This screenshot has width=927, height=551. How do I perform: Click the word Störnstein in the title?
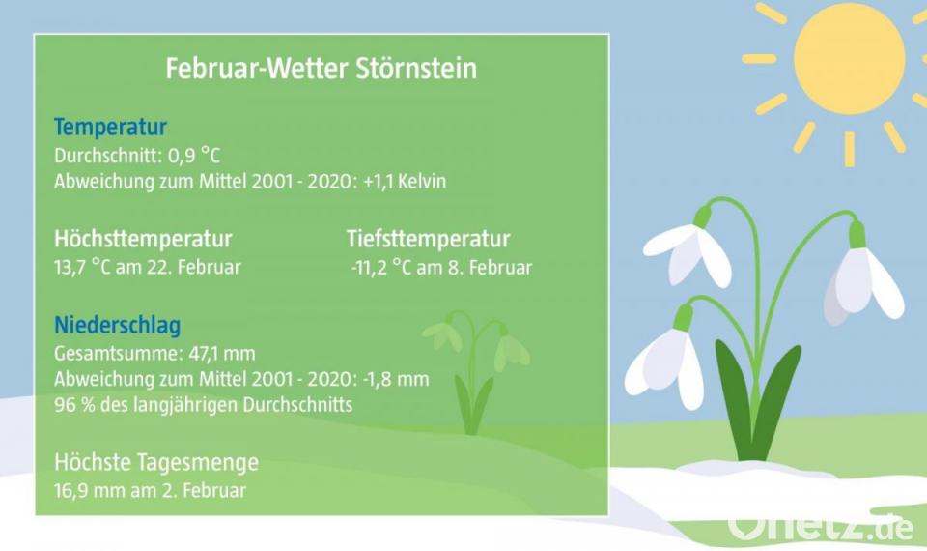(416, 69)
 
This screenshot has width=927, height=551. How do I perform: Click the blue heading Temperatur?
(110, 127)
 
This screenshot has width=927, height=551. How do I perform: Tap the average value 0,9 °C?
(194, 156)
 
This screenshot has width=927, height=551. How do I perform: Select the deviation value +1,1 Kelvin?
(405, 181)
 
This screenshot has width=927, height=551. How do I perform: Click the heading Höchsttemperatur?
(143, 239)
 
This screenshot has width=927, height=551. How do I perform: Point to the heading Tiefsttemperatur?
(428, 239)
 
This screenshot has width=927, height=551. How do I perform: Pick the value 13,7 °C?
(82, 268)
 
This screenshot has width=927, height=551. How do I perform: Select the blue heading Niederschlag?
(117, 325)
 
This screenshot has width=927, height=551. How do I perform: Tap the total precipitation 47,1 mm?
(222, 354)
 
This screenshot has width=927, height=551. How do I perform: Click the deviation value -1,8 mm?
(396, 379)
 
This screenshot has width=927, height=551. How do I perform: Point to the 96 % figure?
(74, 405)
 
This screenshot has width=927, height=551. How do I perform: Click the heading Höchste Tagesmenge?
(156, 462)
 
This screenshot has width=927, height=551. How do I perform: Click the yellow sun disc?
(849, 59)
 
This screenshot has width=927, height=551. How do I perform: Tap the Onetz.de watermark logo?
(821, 526)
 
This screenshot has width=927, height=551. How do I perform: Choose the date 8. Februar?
(491, 268)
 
